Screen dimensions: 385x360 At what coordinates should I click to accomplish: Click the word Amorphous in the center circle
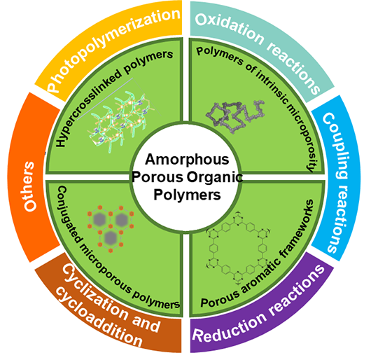187,160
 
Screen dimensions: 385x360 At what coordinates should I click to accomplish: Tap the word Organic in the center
215,177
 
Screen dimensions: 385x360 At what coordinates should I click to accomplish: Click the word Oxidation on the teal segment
230,27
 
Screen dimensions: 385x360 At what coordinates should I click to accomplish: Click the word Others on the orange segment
29,186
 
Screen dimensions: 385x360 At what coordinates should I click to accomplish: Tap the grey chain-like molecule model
235,116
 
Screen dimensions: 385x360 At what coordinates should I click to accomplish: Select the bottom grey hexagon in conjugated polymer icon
110,237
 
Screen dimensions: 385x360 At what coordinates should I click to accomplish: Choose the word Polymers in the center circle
187,195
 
